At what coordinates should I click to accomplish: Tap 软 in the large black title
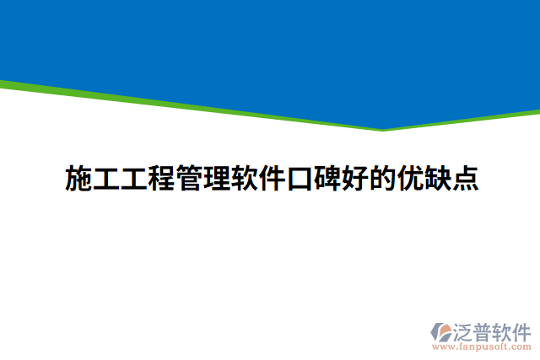pos(244,179)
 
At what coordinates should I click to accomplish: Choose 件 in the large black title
pos(272,179)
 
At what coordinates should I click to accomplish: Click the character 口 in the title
pos(300,179)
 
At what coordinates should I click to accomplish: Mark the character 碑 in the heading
pos(327,179)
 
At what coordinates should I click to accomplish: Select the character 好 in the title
pos(355,179)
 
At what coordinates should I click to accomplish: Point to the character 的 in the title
pos(383,179)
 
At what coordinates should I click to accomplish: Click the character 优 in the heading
pos(411,179)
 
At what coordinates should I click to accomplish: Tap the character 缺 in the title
pos(439,179)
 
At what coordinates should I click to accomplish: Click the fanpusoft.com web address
pos(482,346)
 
